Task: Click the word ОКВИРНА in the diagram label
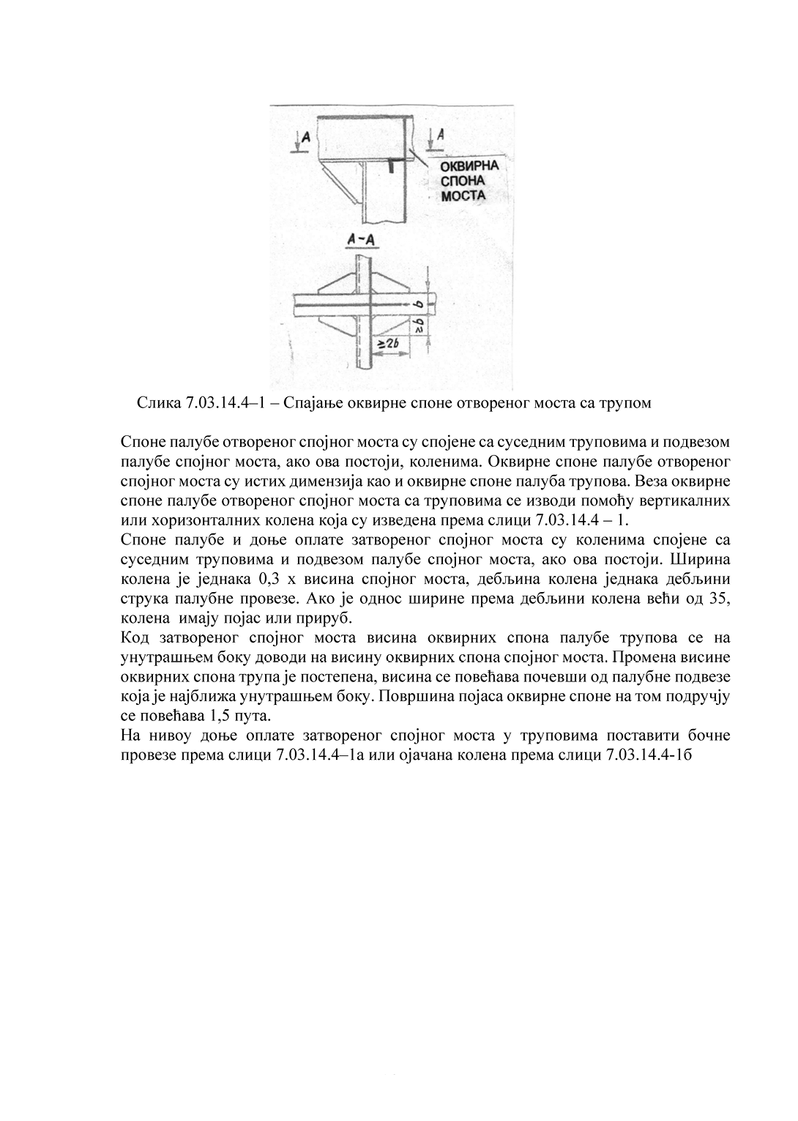coord(469,166)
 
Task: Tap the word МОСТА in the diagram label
coord(463,196)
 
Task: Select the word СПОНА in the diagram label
coord(459,181)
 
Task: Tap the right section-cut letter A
coord(440,134)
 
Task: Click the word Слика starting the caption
coord(154,404)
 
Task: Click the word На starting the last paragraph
coord(129,735)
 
